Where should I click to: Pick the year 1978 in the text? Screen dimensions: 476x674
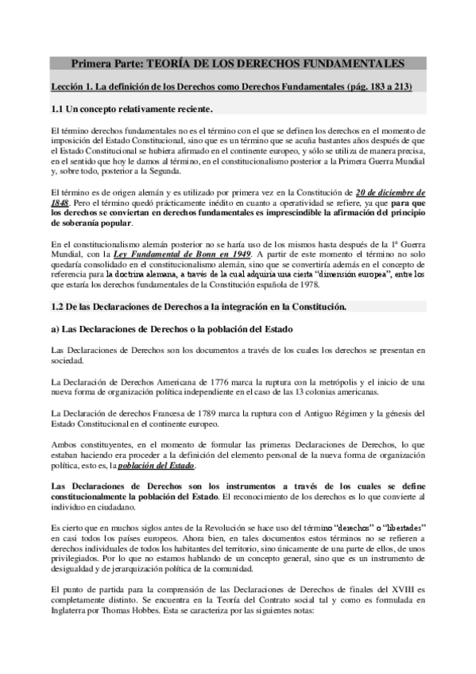(287, 282)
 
